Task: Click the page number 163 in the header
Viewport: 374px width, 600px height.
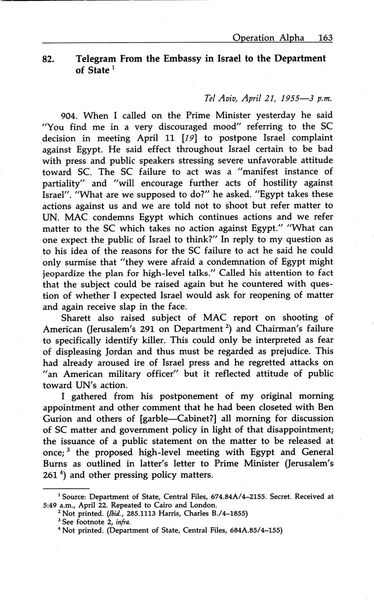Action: [325, 38]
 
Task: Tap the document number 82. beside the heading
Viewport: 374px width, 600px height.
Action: [48, 59]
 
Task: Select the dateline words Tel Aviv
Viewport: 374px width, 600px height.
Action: [221, 98]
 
